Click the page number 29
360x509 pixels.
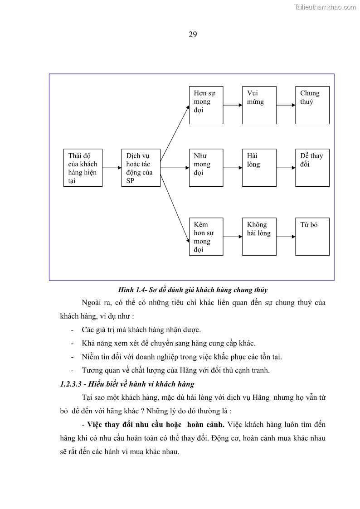coord(192,35)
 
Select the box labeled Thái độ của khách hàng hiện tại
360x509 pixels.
coord(83,168)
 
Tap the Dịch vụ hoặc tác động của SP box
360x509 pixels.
coord(141,168)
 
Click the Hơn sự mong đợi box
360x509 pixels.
coord(206,105)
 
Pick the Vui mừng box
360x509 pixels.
coord(259,105)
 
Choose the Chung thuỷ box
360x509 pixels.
coord(312,105)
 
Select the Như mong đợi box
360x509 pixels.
coord(206,168)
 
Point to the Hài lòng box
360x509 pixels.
coord(259,168)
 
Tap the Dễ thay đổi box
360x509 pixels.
coord(312,168)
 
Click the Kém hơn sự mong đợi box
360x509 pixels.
coord(206,237)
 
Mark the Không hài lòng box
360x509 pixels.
coord(259,237)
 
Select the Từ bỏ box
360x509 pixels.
coord(312,237)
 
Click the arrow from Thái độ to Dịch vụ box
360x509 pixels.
coord(112,168)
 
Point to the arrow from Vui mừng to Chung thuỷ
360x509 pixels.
coord(286,105)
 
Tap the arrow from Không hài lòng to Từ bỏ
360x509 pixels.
coord(286,237)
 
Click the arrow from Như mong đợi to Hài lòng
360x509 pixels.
coord(233,168)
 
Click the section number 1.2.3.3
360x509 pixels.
coord(70,384)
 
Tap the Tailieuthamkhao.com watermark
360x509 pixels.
coord(325,7)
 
